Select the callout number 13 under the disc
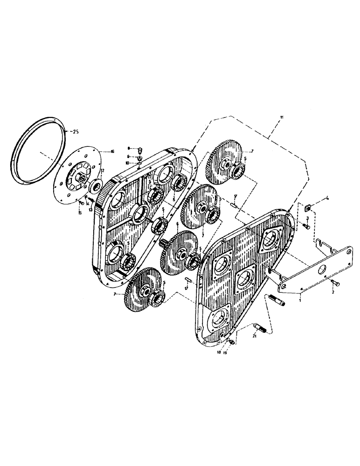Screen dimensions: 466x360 coord(91,204)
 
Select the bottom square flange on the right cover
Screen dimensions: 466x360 coord(218,319)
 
